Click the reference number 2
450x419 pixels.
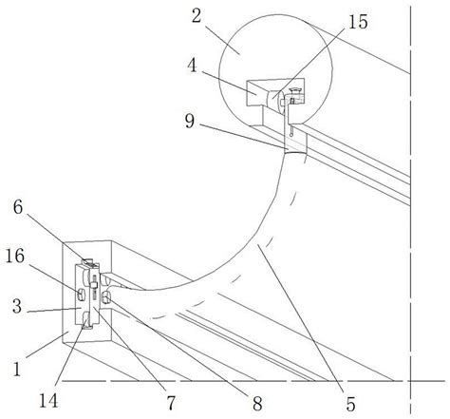(197, 16)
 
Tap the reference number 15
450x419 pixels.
(358, 22)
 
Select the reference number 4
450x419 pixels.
(192, 67)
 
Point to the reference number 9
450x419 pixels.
(190, 121)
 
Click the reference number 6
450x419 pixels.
(18, 207)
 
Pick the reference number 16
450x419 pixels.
(15, 256)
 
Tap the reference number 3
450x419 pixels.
(17, 306)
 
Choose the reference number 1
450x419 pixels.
(17, 369)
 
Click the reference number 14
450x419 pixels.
(48, 401)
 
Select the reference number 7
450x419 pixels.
(171, 403)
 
